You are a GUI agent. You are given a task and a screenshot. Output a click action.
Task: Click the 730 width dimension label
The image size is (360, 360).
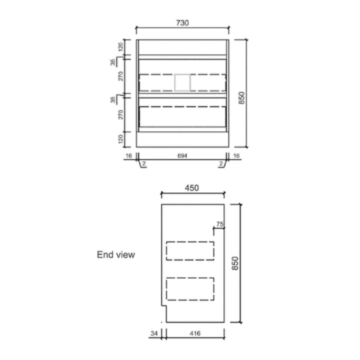click(x=182, y=23)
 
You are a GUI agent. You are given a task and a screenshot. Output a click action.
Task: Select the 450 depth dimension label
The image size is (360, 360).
click(x=191, y=188)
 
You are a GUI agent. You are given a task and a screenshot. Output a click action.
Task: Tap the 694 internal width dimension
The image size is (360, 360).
click(x=182, y=155)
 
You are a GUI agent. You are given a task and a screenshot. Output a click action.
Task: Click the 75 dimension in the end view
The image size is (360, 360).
click(x=219, y=224)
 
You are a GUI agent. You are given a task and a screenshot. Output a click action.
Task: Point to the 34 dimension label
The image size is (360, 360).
click(x=154, y=333)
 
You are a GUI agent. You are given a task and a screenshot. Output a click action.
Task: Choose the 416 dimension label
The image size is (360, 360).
click(x=195, y=333)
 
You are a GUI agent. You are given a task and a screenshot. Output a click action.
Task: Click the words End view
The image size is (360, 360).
click(x=116, y=254)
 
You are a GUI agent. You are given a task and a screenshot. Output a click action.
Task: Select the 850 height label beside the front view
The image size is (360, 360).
click(x=241, y=98)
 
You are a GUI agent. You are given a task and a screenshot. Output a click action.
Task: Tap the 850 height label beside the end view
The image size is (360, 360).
click(x=235, y=263)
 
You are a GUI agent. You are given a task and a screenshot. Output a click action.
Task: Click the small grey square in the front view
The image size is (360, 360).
click(x=182, y=82)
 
